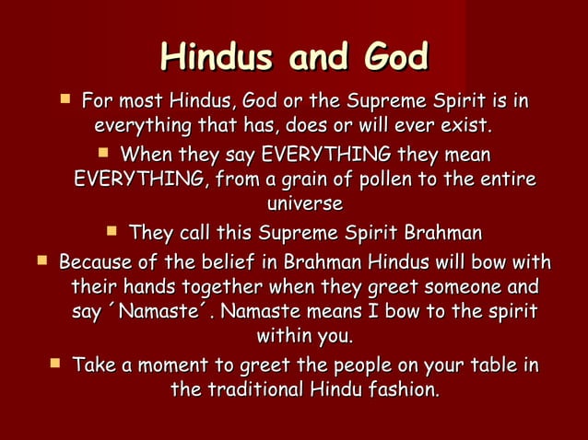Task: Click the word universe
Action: pyautogui.click(x=304, y=203)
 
